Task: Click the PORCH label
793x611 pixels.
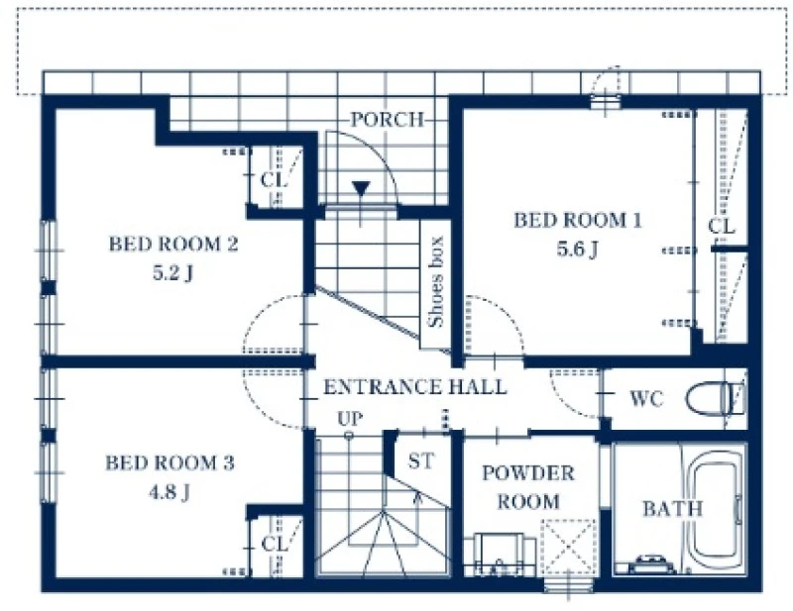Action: [x=388, y=120]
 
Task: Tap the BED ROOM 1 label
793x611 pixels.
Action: [x=578, y=221]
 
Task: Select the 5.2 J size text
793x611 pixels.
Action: [x=172, y=273]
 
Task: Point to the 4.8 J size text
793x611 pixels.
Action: [x=170, y=492]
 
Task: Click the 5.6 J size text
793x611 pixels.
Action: [x=578, y=250]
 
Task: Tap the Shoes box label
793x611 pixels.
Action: [x=435, y=281]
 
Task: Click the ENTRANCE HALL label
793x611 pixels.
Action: [x=414, y=387]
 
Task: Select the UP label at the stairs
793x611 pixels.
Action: [x=350, y=419]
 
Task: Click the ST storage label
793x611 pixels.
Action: [x=420, y=460]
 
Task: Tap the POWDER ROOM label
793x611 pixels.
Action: [x=528, y=487]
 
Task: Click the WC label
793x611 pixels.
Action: [x=646, y=399]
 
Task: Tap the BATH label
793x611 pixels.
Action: [x=673, y=508]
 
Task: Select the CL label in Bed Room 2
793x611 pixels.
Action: [x=274, y=179]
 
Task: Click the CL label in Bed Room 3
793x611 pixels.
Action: [x=275, y=544]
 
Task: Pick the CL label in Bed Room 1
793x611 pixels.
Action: [x=722, y=226]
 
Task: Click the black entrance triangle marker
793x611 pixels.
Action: [x=361, y=188]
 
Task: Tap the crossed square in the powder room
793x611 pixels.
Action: [x=568, y=547]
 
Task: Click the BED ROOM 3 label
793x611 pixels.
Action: [x=170, y=462]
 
